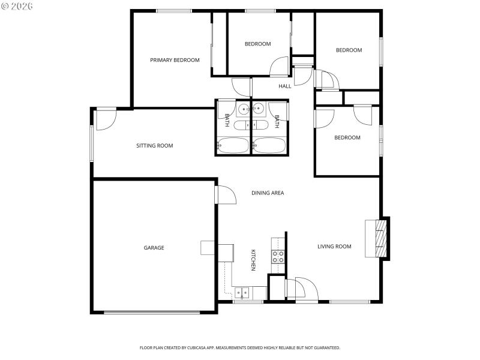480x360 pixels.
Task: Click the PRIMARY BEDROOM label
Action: pyautogui.click(x=175, y=60)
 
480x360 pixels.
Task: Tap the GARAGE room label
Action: pyautogui.click(x=154, y=248)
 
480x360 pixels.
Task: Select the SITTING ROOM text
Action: pyautogui.click(x=154, y=146)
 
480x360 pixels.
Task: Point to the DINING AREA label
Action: pyautogui.click(x=268, y=193)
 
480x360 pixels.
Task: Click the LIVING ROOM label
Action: pyautogui.click(x=334, y=247)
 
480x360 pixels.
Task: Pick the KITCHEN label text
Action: pyautogui.click(x=253, y=260)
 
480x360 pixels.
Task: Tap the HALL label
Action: pyautogui.click(x=285, y=86)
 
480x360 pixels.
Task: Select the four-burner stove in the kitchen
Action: pyautogui.click(x=278, y=257)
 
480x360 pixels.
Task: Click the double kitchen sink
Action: pyautogui.click(x=242, y=293)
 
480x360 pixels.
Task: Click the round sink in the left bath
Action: pyautogui.click(x=243, y=109)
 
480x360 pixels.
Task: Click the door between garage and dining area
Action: pyautogui.click(x=225, y=195)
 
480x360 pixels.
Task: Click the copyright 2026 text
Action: pyautogui.click(x=17, y=6)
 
